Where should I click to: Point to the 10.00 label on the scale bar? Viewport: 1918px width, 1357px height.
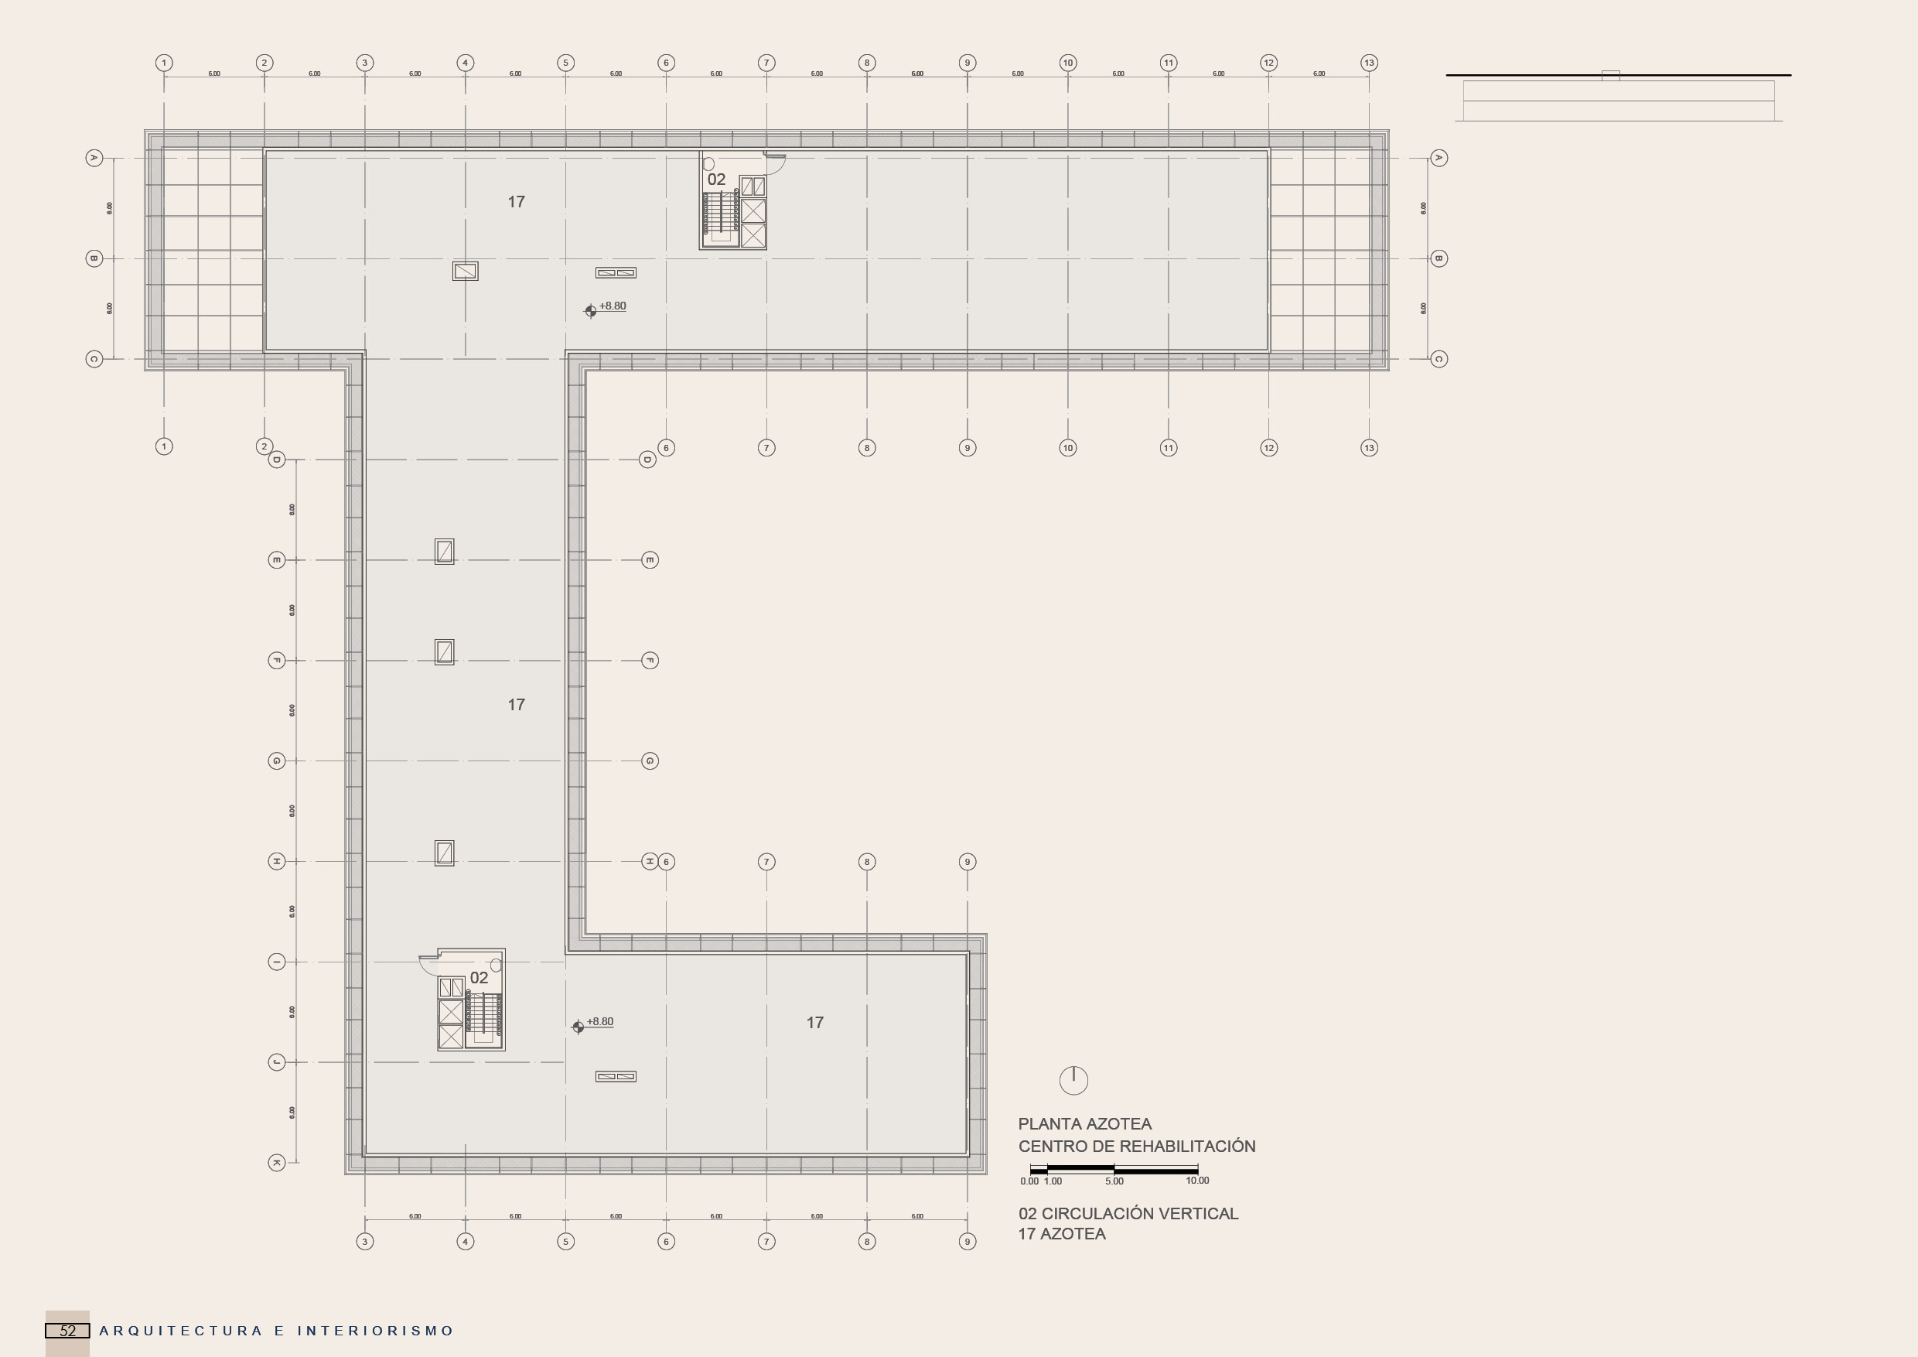[x=1197, y=1181]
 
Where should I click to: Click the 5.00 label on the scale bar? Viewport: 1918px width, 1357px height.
[x=1114, y=1181]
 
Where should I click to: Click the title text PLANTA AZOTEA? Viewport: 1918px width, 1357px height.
[x=1084, y=1124]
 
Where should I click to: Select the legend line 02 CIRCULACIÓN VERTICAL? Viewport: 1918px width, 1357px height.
[x=1128, y=1213]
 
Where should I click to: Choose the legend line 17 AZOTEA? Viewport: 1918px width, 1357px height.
[x=1062, y=1234]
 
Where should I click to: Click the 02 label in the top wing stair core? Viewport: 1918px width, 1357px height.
[x=716, y=179]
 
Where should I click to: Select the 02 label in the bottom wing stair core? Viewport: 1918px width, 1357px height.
[x=479, y=978]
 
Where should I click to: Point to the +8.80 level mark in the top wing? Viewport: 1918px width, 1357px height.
[x=612, y=306]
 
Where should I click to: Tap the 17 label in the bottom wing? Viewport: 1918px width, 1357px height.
[x=814, y=1023]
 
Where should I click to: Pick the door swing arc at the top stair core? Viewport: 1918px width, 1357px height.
[x=775, y=164]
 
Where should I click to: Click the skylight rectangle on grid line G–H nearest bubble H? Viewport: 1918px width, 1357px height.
[x=445, y=853]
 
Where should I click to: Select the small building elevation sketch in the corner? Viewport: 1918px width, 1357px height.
[x=1618, y=97]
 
